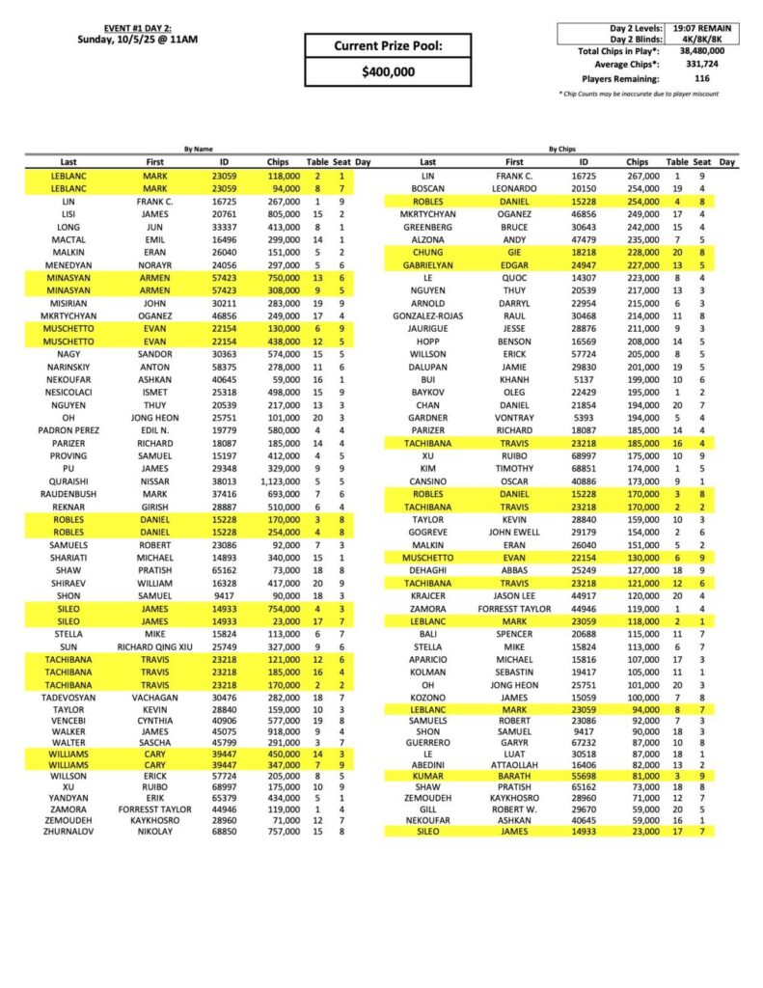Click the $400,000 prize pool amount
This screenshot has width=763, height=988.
pos(388,71)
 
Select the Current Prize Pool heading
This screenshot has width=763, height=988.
pos(388,45)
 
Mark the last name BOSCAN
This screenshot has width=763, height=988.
pos(428,189)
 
